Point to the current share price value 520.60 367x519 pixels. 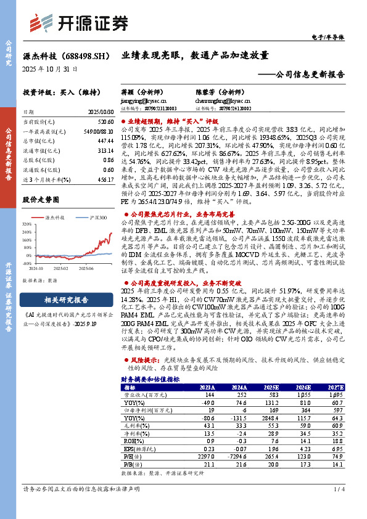point(105,123)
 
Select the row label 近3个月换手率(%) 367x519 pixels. point(46,179)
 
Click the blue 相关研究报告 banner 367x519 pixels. point(66,300)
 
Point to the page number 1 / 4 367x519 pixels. point(339,506)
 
